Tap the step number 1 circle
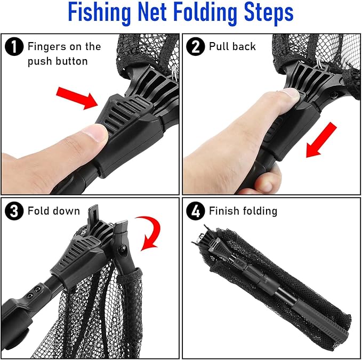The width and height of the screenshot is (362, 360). coord(13,47)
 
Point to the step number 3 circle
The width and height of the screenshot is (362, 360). coord(13,211)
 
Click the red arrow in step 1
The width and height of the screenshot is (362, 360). coord(77,98)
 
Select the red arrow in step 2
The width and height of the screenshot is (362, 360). coord(322,141)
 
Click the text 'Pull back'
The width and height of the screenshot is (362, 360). coord(232,47)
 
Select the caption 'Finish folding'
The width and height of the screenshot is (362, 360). coord(243,211)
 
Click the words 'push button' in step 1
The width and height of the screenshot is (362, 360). coord(57,61)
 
